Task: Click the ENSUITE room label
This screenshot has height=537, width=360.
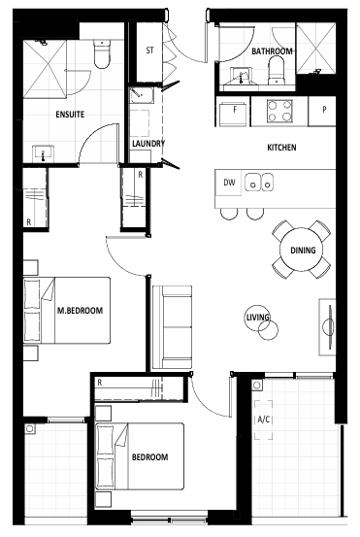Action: (x=70, y=115)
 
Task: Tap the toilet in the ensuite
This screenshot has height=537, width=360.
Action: (x=102, y=53)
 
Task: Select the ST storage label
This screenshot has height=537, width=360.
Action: (x=149, y=50)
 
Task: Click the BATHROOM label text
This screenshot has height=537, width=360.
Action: (x=272, y=51)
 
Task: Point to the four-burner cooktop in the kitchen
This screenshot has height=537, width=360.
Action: (x=279, y=111)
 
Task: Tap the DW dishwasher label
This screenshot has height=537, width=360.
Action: (x=229, y=183)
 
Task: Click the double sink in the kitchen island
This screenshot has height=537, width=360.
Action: (x=259, y=182)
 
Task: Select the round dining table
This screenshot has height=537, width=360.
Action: (x=303, y=250)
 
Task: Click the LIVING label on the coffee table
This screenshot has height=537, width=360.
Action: (x=258, y=318)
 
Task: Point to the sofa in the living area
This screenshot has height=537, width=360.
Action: (x=172, y=327)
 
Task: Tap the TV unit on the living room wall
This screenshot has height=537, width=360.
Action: (x=327, y=326)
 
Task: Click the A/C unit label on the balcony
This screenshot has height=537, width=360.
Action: (x=264, y=420)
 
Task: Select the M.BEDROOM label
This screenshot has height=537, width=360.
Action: (x=80, y=311)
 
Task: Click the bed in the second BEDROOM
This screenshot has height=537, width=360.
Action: (x=140, y=456)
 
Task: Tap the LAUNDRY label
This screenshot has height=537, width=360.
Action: (x=148, y=144)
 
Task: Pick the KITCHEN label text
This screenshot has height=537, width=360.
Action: (x=281, y=148)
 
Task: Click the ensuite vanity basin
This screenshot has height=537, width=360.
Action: (x=43, y=153)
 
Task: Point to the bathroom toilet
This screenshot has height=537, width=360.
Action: (x=277, y=71)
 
